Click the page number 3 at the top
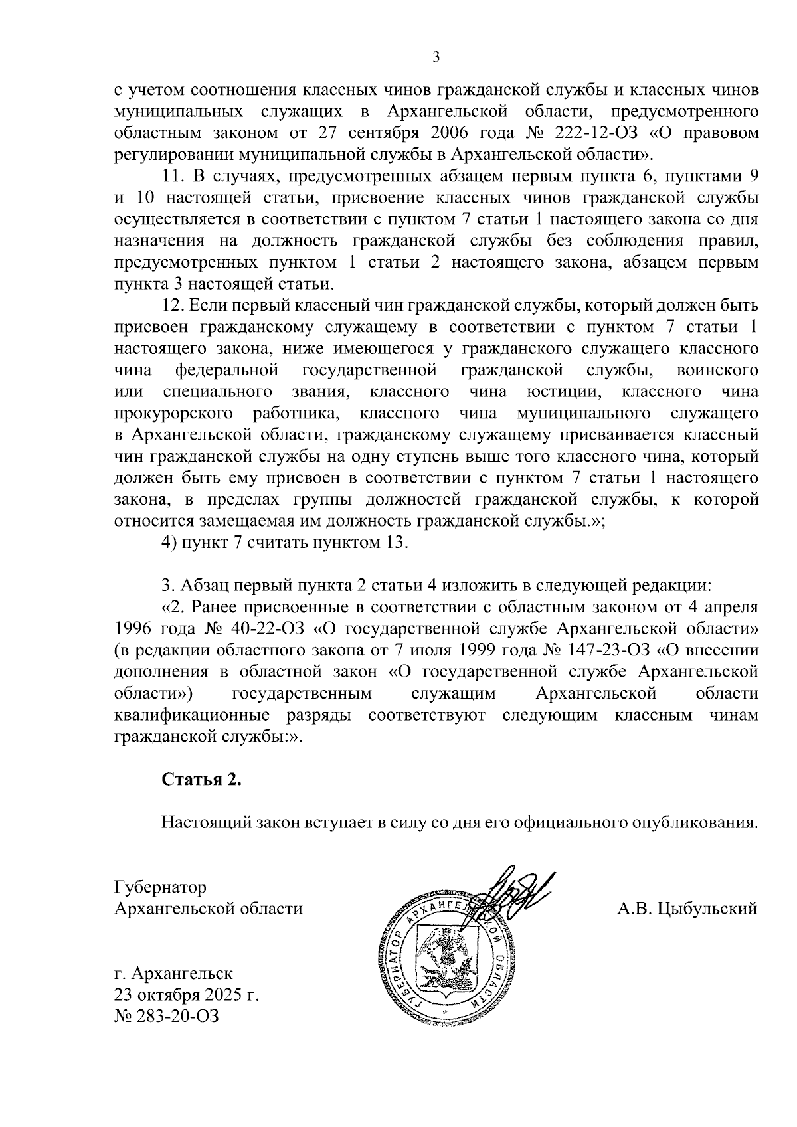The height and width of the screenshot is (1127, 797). click(x=436, y=57)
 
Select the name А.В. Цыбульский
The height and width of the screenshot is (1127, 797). click(x=687, y=908)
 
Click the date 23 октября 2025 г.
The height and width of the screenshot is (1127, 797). click(x=187, y=996)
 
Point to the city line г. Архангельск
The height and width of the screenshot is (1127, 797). click(x=173, y=974)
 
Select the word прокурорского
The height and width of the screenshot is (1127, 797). click(x=174, y=414)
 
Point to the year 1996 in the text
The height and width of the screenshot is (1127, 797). click(x=134, y=628)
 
